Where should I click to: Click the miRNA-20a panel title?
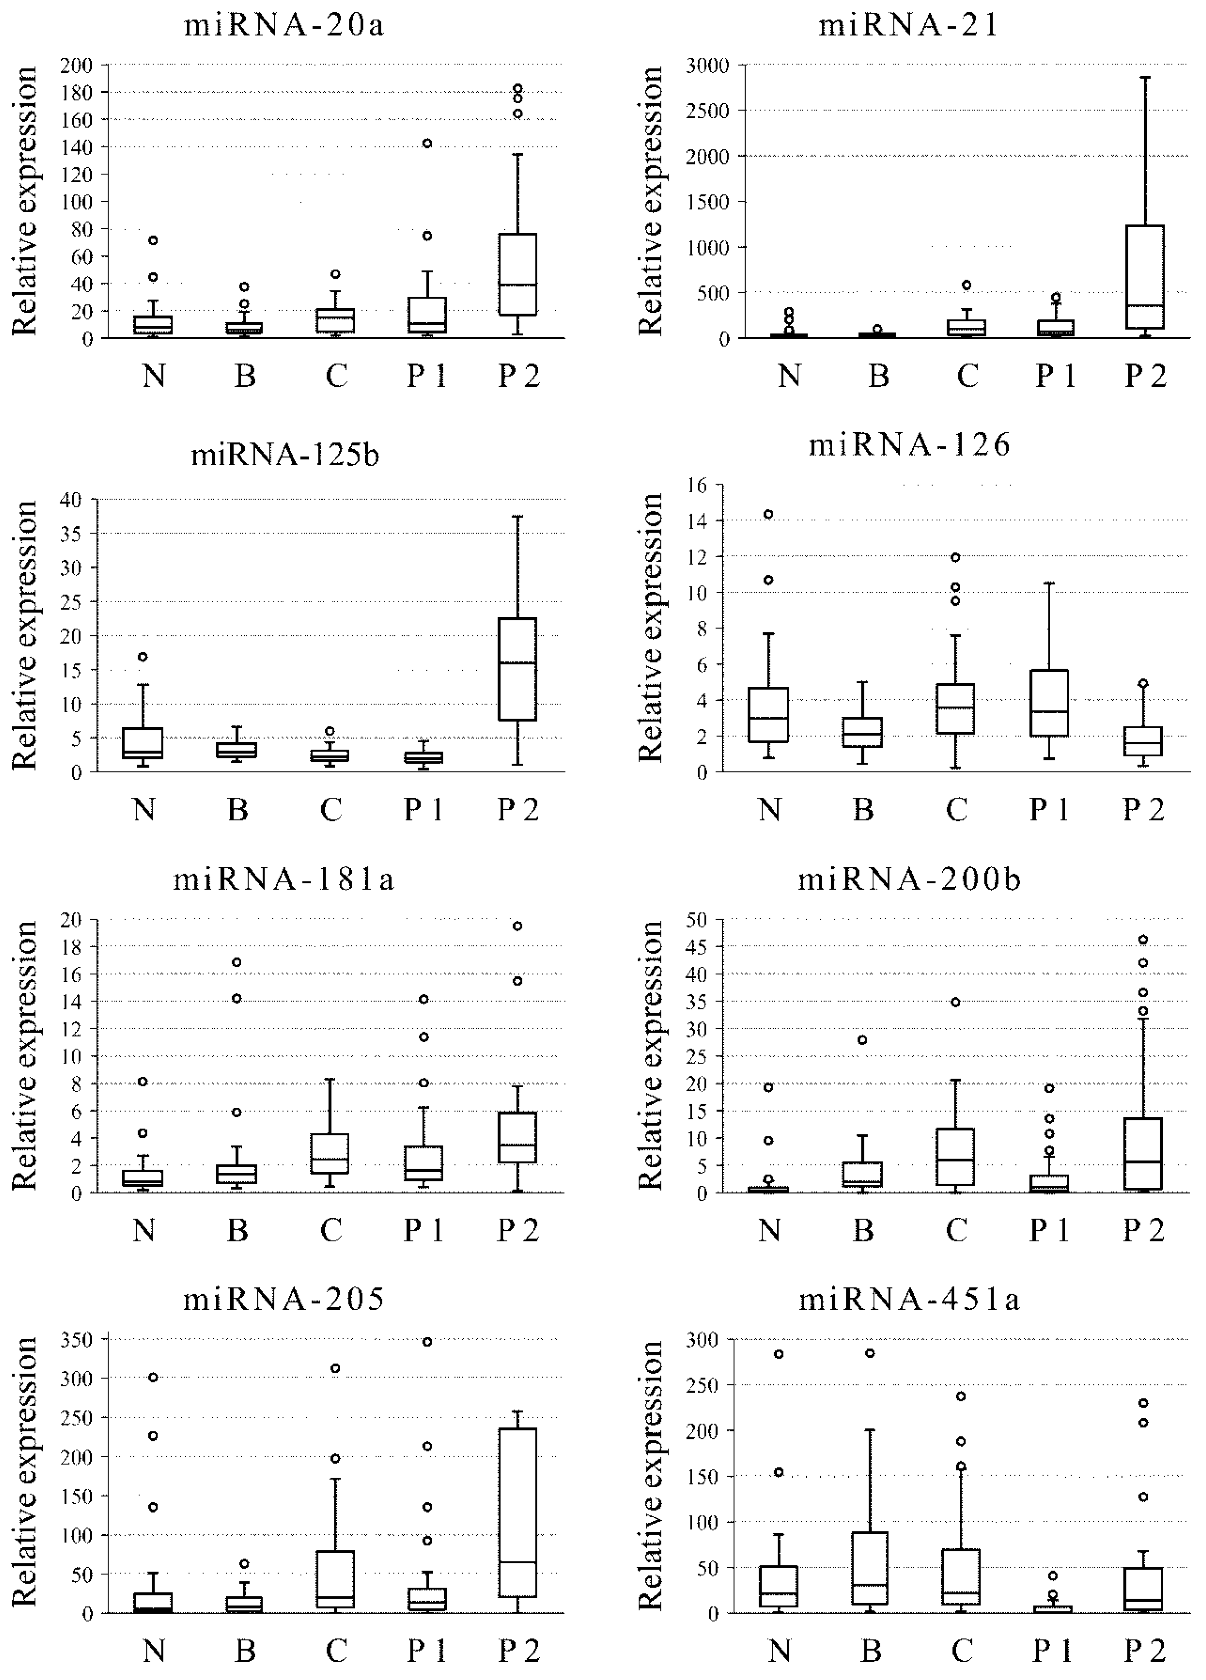(x=284, y=26)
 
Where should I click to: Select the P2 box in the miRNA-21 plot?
(x=1145, y=276)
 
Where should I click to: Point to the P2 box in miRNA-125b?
(x=517, y=668)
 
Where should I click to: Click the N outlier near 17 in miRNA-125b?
(x=144, y=656)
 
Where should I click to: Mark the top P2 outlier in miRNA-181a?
(x=517, y=926)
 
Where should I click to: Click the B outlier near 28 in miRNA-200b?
(x=863, y=1040)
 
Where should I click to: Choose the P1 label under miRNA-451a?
(x=1053, y=1650)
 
